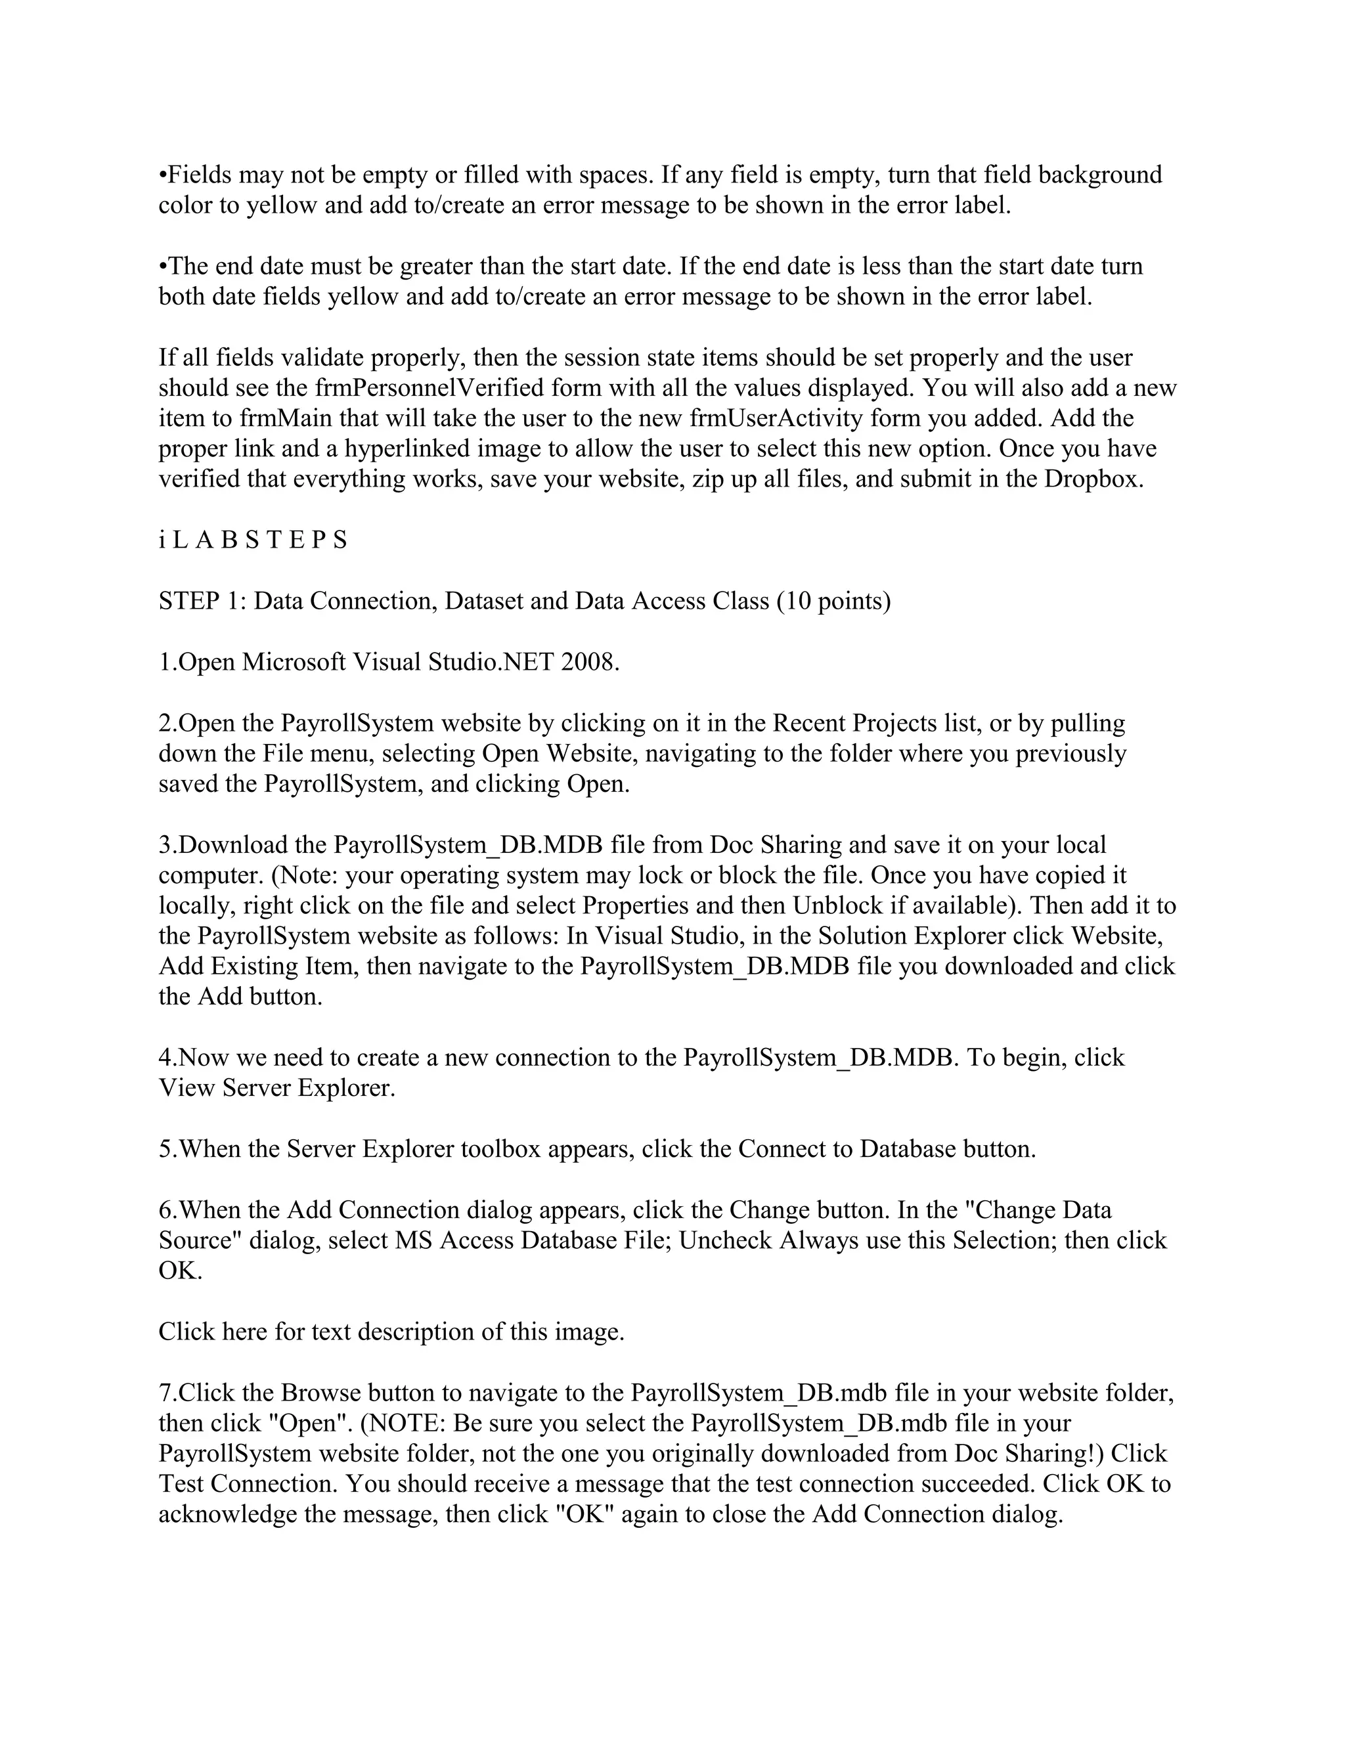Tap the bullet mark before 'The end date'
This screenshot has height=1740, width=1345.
pyautogui.click(x=163, y=266)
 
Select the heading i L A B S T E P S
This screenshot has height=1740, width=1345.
pyautogui.click(x=254, y=540)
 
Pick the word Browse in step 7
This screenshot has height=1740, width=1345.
pyautogui.click(x=318, y=1393)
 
